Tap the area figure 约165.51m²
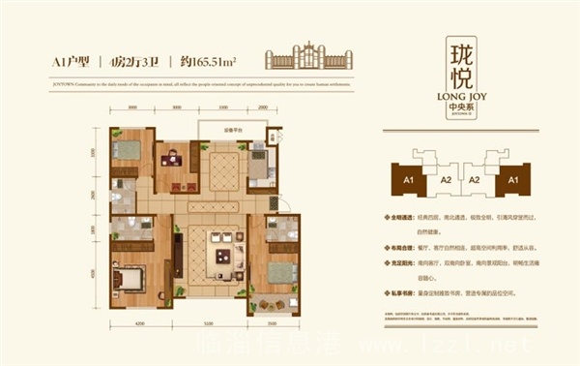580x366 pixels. tap(207, 60)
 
